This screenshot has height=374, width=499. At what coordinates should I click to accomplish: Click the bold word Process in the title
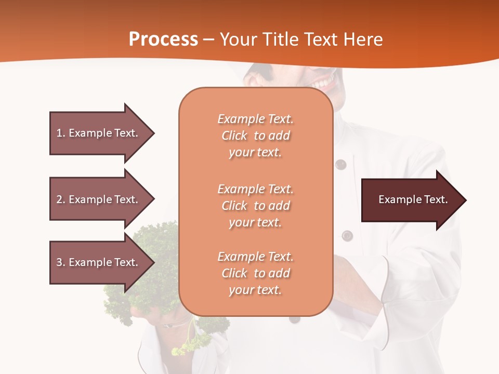tap(163, 39)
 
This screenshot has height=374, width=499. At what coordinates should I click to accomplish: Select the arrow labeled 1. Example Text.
tap(99, 133)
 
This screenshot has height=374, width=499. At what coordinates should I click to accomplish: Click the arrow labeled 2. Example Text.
tap(99, 199)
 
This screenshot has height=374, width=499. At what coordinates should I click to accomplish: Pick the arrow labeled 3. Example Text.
tap(99, 262)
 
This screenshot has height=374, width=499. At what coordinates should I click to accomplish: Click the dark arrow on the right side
tap(411, 200)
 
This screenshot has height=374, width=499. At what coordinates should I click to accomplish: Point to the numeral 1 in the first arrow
tap(59, 133)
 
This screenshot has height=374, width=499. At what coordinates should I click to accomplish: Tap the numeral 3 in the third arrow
tap(59, 262)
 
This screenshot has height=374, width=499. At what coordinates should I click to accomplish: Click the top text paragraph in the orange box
tap(255, 136)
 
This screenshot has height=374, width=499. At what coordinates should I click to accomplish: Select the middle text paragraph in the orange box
tap(255, 206)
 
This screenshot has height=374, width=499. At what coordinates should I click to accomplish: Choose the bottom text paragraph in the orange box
tap(255, 273)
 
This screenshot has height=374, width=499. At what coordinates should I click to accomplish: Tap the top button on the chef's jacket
tap(340, 165)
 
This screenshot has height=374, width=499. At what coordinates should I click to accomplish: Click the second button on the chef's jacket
tap(347, 235)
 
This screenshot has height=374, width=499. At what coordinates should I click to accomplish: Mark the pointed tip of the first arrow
tap(153, 133)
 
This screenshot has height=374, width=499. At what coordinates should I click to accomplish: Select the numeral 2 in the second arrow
tap(59, 199)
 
